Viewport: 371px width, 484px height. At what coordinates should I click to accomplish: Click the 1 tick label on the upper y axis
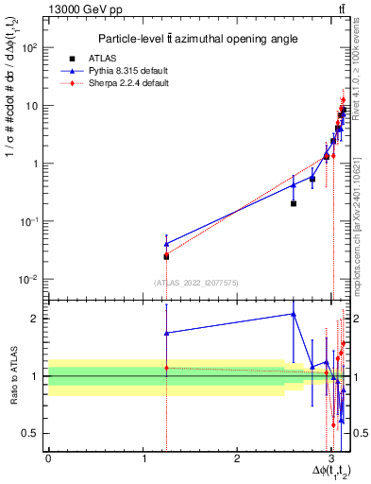36,164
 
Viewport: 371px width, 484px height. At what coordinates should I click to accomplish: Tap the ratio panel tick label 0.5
30,433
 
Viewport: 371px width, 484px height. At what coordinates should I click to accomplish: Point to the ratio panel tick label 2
36,319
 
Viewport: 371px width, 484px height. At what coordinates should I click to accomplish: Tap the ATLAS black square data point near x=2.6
294,203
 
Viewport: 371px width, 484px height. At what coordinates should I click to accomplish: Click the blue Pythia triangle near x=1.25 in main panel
166,244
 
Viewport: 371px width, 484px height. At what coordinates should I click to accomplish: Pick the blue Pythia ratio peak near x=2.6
294,314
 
